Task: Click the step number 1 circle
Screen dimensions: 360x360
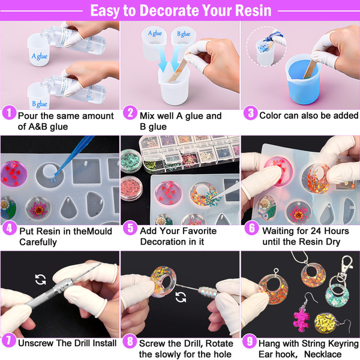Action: coord(9,113)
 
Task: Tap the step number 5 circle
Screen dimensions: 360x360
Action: coord(130,228)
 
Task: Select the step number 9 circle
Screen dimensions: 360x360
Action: coord(250,341)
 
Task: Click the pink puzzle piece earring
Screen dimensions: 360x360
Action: coord(301,319)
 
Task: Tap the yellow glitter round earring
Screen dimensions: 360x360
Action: coord(326,322)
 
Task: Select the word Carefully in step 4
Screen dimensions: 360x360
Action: coord(38,242)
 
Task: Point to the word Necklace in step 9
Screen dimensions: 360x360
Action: coord(323,354)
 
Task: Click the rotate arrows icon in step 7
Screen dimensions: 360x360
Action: coord(41,280)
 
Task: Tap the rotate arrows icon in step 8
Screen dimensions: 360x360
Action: coord(181,297)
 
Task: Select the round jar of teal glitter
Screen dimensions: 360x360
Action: coord(131,161)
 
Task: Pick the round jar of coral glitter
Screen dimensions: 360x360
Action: coord(131,188)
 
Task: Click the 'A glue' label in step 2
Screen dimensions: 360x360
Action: coord(155,34)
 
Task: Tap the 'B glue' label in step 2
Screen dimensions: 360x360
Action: coord(184,34)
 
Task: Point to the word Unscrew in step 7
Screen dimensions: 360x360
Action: coord(36,343)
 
